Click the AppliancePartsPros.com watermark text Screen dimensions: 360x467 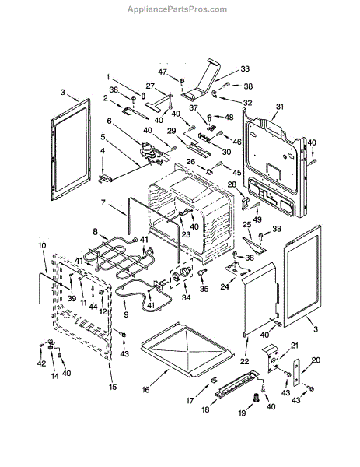[177, 9]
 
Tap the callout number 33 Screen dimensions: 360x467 [245, 68]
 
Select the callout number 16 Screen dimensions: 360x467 [145, 390]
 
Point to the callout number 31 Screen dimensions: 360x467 [280, 107]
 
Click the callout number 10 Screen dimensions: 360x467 [42, 246]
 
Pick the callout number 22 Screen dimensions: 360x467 [245, 361]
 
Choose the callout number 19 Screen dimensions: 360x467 [242, 413]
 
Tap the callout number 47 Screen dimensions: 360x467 [163, 72]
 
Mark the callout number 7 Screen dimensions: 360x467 [103, 203]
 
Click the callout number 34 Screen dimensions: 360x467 [186, 297]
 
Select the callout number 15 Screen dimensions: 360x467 [113, 387]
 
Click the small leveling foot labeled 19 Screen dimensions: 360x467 [256, 397]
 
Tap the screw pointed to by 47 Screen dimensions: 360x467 [182, 81]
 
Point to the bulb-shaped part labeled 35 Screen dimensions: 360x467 [202, 272]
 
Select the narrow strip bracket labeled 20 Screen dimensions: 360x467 [296, 373]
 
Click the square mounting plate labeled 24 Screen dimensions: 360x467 [236, 269]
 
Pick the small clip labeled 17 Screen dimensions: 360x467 [215, 380]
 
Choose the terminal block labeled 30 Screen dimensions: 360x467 [205, 138]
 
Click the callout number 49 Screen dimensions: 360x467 [257, 219]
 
